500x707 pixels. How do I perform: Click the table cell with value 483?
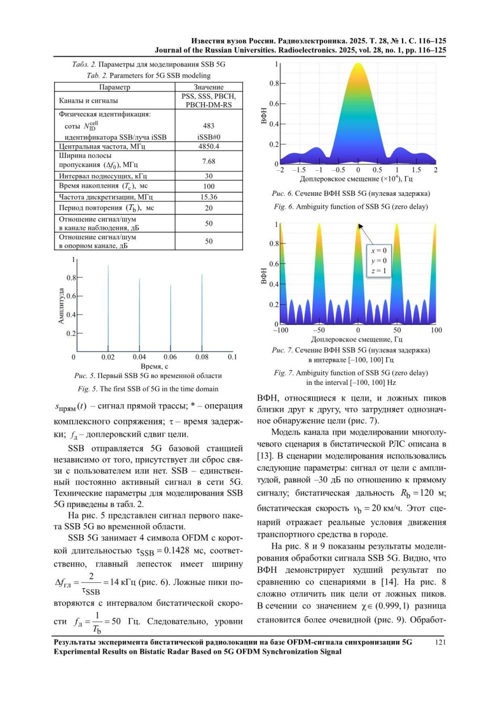click(209, 126)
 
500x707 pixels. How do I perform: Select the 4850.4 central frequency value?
click(209, 146)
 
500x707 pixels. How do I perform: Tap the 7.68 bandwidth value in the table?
click(209, 161)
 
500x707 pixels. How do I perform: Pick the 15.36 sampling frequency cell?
click(209, 197)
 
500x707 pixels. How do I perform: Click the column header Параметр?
click(114, 87)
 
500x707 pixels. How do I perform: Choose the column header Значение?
click(209, 87)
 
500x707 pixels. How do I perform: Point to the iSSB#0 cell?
click(209, 137)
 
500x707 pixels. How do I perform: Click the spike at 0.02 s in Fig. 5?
click(108, 308)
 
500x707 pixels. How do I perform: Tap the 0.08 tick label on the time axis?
click(201, 357)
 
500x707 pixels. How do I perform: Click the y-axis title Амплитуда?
click(61, 305)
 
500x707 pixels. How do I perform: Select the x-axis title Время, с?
click(154, 367)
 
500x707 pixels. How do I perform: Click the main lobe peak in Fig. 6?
click(358, 63)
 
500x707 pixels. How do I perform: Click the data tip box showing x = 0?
click(379, 261)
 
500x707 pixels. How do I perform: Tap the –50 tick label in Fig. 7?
click(319, 330)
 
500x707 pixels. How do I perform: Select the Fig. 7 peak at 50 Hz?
click(397, 225)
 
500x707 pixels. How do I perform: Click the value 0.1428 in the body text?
click(177, 550)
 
